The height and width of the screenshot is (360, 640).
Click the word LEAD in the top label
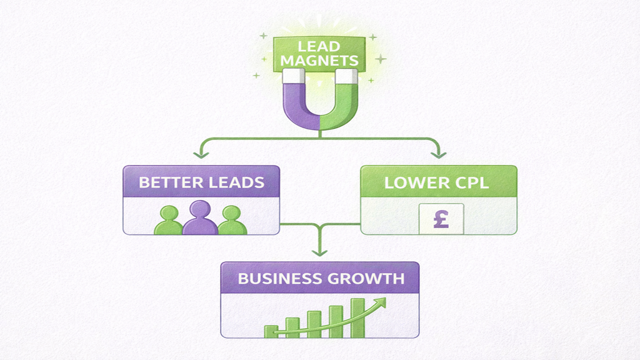click(320, 46)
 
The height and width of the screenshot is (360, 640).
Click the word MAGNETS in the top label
click(320, 61)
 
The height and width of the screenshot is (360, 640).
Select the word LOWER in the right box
click(412, 183)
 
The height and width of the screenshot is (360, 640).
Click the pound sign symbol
click(441, 219)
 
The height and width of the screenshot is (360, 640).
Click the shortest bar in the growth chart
click(271, 332)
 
